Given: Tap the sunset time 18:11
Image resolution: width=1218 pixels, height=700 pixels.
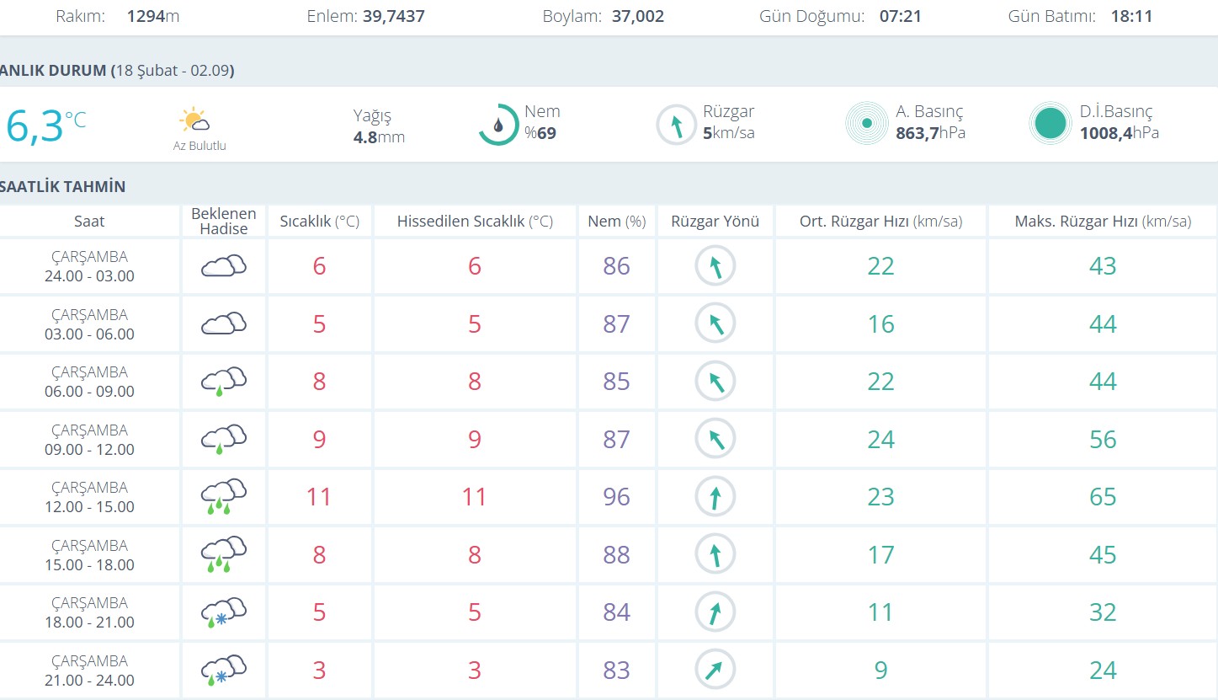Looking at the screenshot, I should click(x=1130, y=16).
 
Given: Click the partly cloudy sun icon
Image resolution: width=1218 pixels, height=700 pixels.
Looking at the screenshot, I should click(x=195, y=120).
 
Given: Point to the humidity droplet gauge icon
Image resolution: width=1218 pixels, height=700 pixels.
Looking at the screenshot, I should click(x=498, y=125).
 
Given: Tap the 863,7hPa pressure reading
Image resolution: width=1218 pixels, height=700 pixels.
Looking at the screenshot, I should click(x=931, y=133).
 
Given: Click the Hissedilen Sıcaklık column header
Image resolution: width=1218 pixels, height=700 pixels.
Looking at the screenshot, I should click(x=475, y=222).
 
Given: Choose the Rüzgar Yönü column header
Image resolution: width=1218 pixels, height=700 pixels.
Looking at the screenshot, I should click(x=715, y=222).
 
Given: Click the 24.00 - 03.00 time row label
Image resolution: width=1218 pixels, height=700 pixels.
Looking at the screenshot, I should click(x=89, y=266).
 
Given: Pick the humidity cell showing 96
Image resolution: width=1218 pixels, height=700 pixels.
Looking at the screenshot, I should click(x=616, y=497).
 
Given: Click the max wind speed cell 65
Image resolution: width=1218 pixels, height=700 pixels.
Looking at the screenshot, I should click(x=1103, y=497).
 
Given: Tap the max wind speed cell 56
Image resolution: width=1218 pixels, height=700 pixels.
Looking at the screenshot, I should click(x=1103, y=440).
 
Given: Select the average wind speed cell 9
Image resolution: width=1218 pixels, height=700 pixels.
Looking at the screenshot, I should click(x=880, y=671).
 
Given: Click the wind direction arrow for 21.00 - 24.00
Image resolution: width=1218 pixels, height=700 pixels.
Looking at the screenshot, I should click(x=715, y=671).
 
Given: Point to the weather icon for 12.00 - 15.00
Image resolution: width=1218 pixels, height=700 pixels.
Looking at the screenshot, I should click(x=223, y=497).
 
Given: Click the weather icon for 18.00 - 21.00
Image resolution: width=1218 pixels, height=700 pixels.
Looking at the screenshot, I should click(x=223, y=612).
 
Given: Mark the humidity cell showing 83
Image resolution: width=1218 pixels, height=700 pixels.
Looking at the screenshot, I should click(x=616, y=671).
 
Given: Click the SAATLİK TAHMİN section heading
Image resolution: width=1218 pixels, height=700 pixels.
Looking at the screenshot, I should click(x=63, y=187).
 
